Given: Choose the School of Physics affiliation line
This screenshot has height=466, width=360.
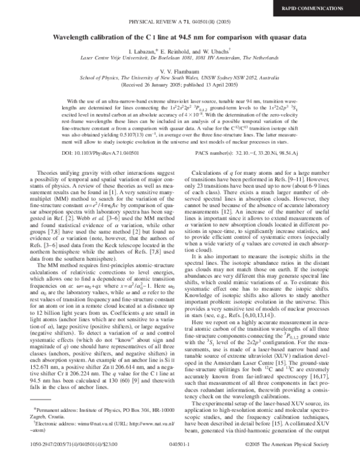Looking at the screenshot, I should (180, 77).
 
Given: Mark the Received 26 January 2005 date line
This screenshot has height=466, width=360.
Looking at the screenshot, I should (180, 84).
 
